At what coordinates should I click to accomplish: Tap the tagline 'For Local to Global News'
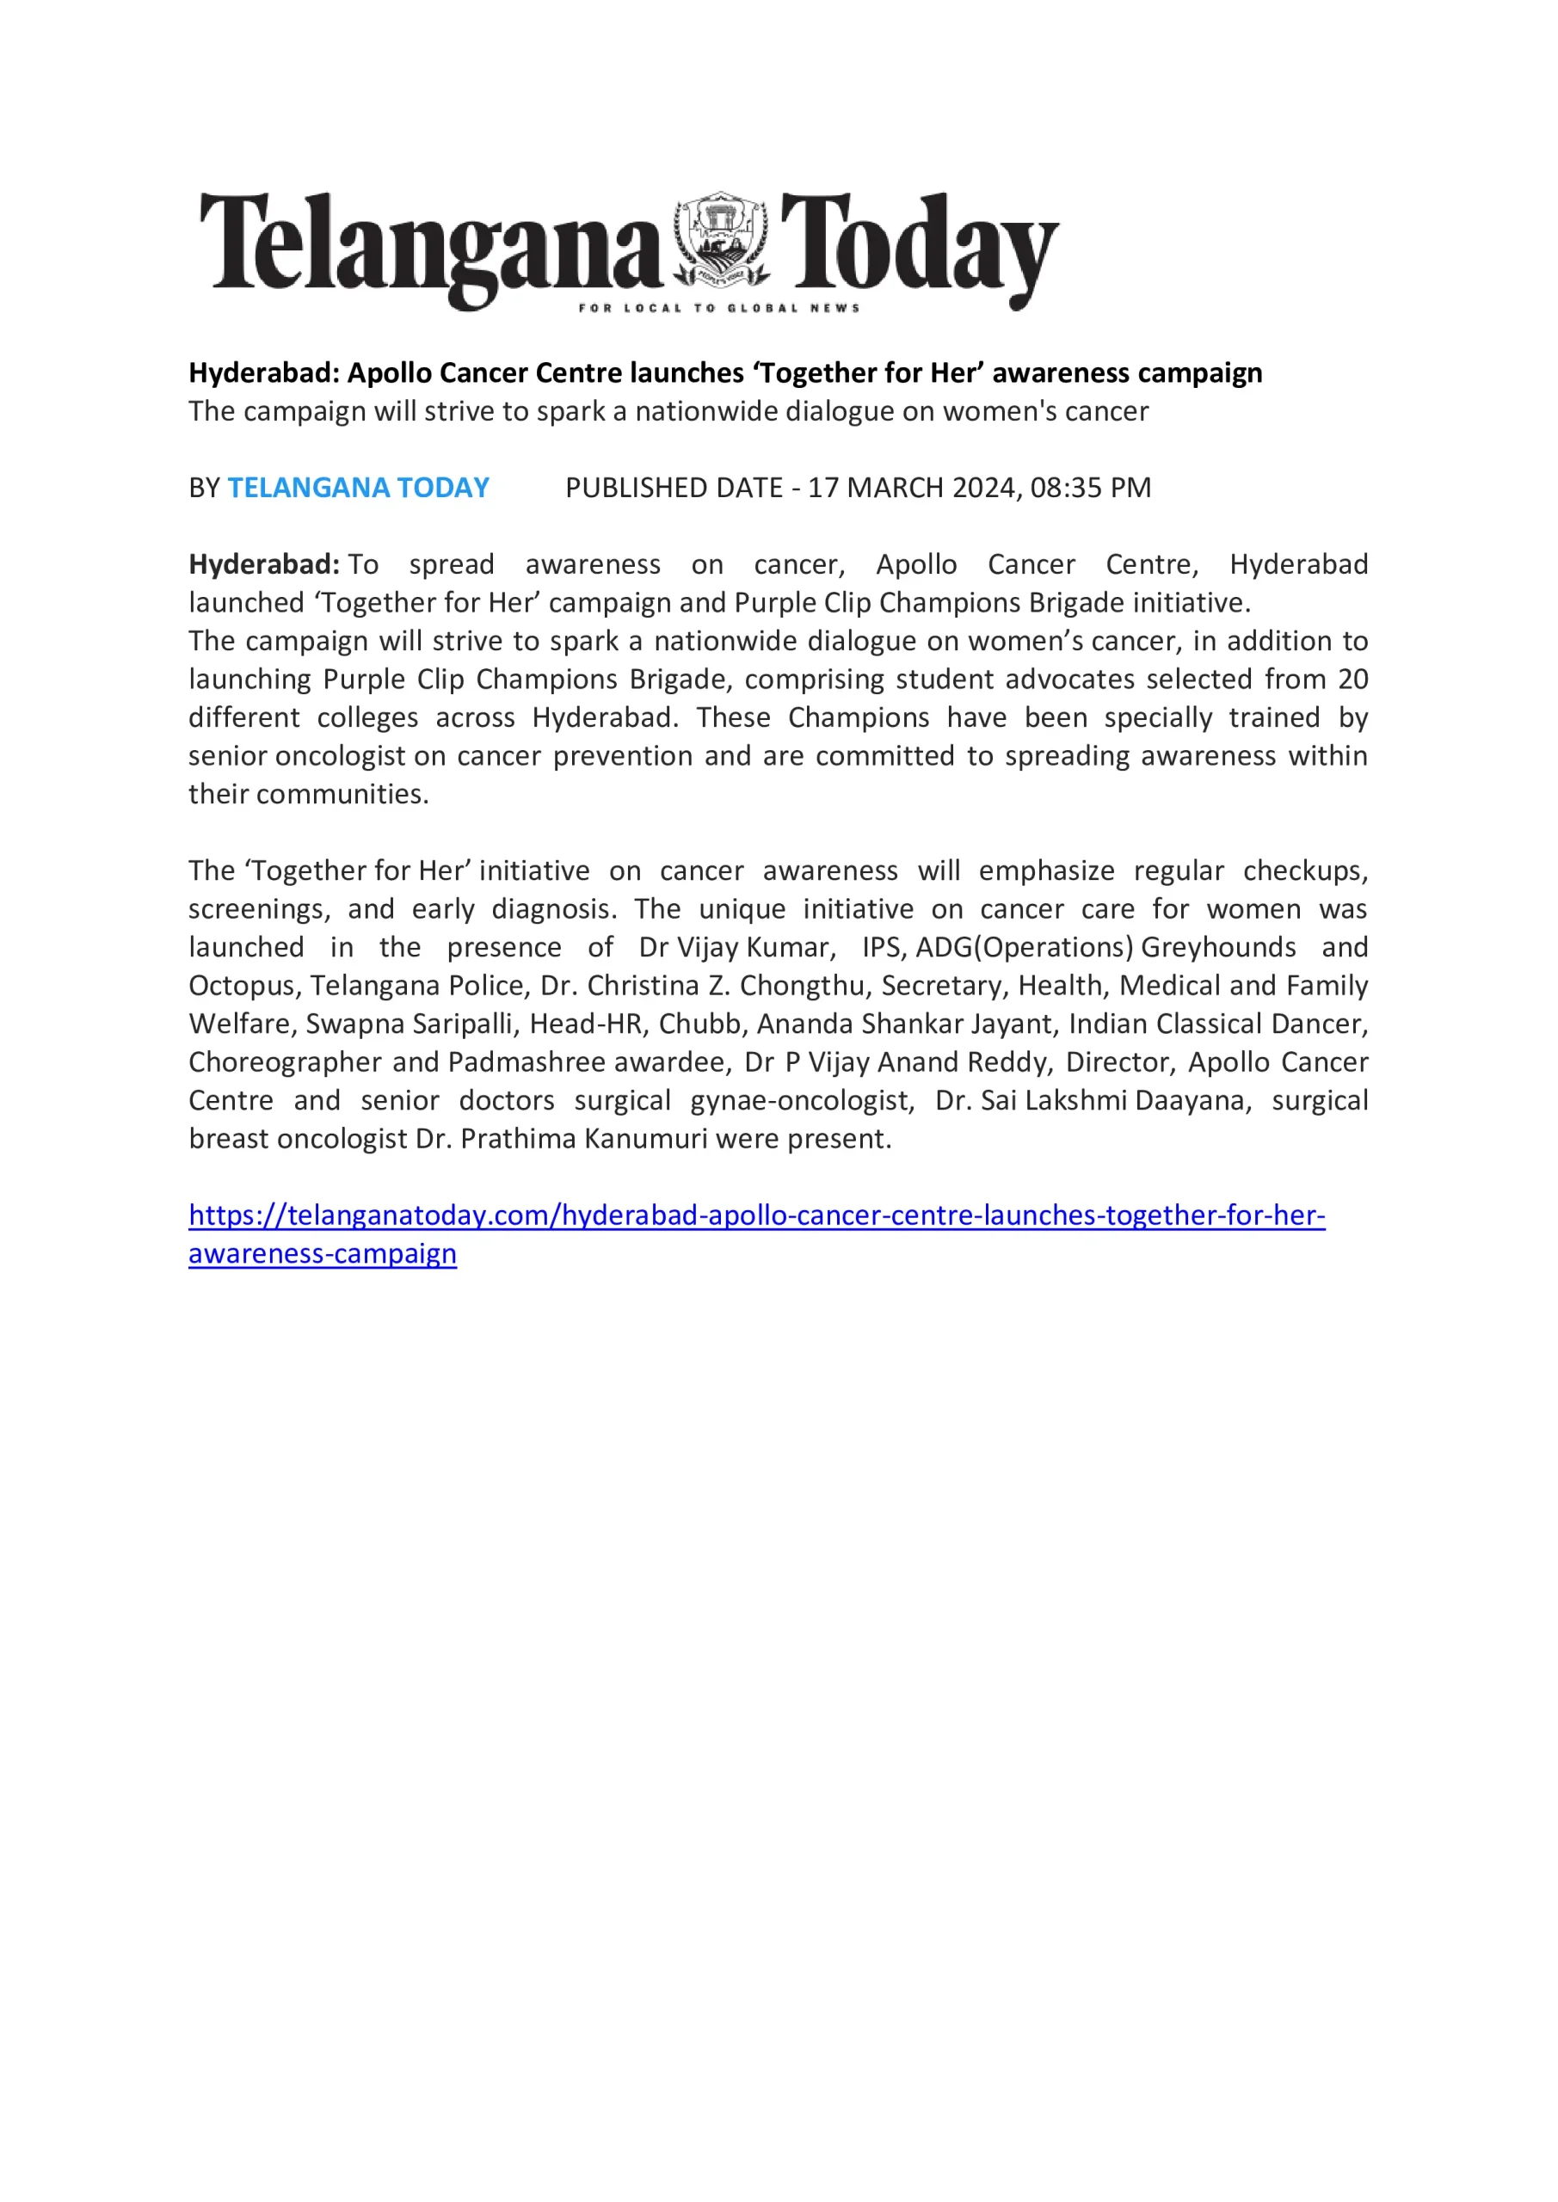coord(718,308)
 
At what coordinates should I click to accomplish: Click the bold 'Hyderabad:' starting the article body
coord(264,564)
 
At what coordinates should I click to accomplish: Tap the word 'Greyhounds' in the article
coord(1218,948)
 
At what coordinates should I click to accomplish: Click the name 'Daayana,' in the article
coord(1193,1101)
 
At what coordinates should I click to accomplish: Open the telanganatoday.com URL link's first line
coord(756,1216)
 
